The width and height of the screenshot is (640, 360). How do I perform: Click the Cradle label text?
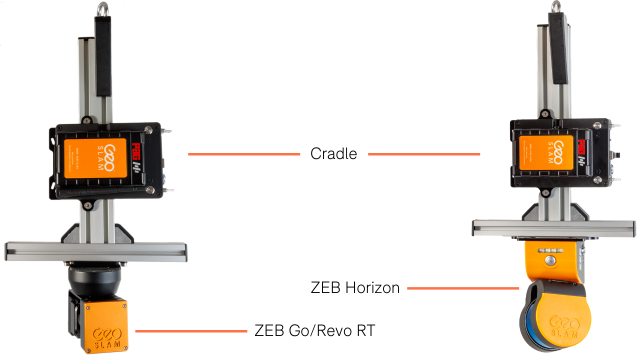pyautogui.click(x=333, y=153)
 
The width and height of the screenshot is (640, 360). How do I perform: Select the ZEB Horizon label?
pyautogui.click(x=355, y=288)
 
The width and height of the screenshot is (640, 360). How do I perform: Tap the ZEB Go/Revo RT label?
pyautogui.click(x=314, y=330)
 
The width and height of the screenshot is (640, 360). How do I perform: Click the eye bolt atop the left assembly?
pyautogui.click(x=103, y=8)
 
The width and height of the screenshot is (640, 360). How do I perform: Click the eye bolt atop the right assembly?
pyautogui.click(x=556, y=7)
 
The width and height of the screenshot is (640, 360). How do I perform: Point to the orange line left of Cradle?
pyautogui.click(x=243, y=154)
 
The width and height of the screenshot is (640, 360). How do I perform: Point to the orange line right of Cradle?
pyautogui.click(x=423, y=154)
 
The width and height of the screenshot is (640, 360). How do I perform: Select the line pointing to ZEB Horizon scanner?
pyautogui.click(x=462, y=288)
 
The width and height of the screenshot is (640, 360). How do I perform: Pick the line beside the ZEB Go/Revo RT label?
pyautogui.click(x=191, y=330)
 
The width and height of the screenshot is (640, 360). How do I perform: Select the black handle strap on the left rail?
pyautogui.click(x=103, y=55)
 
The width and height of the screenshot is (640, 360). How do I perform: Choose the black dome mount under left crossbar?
pyautogui.click(x=94, y=277)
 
